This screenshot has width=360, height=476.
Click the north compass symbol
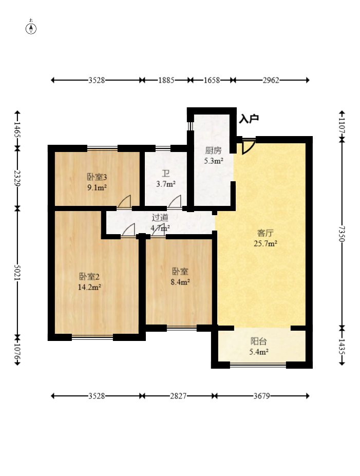[31, 27]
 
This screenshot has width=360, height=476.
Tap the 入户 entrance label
[249, 119]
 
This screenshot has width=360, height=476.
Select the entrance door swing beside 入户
[248, 147]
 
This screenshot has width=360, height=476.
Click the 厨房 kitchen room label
[213, 150]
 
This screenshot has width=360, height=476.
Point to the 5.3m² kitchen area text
[214, 161]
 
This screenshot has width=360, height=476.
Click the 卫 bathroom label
[166, 174]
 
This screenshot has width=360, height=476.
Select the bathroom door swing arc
[175, 202]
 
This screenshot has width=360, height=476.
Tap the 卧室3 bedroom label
[97, 177]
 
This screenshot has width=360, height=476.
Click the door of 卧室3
[124, 202]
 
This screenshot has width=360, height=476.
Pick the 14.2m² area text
[89, 287]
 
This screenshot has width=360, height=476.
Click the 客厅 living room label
[266, 233]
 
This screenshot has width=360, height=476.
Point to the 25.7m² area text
[266, 243]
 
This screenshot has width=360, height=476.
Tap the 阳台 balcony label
[259, 341]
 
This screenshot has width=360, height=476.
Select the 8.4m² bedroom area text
[180, 282]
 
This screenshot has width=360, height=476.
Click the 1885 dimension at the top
[166, 80]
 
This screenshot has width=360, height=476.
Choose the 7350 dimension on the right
[342, 234]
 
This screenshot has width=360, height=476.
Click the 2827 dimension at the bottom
[178, 396]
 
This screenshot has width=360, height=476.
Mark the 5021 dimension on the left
[17, 273]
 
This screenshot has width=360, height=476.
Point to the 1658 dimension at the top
[212, 80]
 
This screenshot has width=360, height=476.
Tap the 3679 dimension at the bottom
[261, 396]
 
